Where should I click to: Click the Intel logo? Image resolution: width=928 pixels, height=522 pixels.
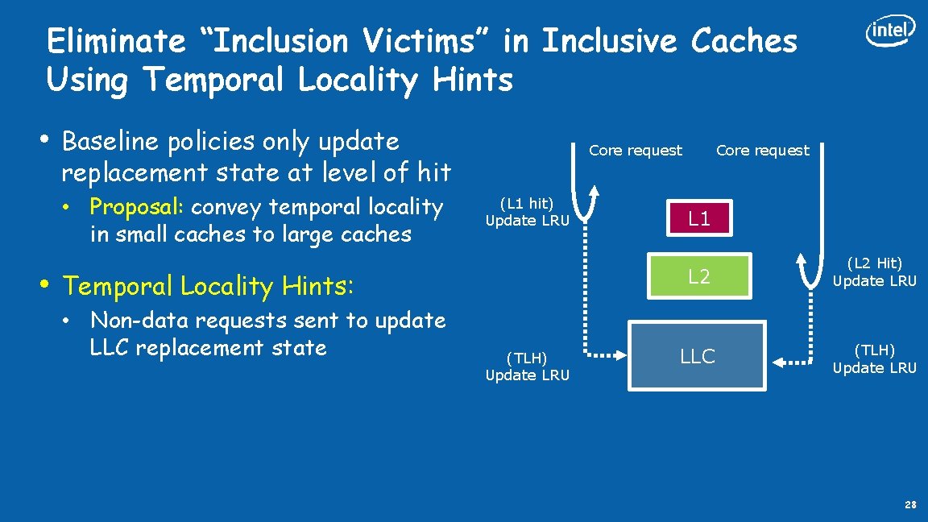click(x=890, y=31)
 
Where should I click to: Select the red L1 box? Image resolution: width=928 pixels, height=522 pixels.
click(x=699, y=217)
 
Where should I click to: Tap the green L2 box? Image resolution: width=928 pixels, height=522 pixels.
click(x=699, y=277)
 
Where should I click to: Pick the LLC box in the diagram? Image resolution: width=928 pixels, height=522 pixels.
click(x=697, y=356)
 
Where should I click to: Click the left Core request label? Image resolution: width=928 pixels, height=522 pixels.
click(x=636, y=151)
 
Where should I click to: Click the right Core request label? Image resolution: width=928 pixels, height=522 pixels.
click(x=762, y=151)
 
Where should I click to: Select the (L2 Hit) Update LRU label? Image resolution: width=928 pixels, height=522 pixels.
click(x=874, y=271)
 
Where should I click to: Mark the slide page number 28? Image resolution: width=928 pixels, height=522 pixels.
click(x=910, y=505)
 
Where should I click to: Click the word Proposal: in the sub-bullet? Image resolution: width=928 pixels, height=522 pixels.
click(x=137, y=208)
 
